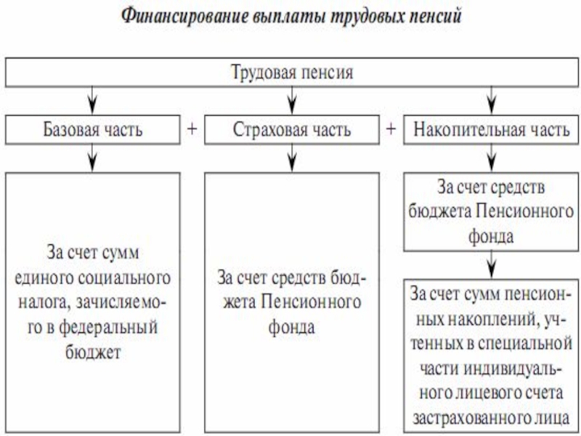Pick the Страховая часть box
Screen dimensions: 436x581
coord(292,130)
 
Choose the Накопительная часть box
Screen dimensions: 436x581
coord(492,130)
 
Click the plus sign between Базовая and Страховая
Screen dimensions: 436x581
coord(192,129)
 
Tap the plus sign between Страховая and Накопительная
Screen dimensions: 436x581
coord(391,129)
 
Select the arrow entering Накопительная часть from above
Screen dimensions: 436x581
coord(492,100)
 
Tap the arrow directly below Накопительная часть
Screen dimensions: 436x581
coord(492,158)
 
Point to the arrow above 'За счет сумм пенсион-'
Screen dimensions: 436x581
coord(492,263)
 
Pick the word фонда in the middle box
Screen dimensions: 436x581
coord(291,328)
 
